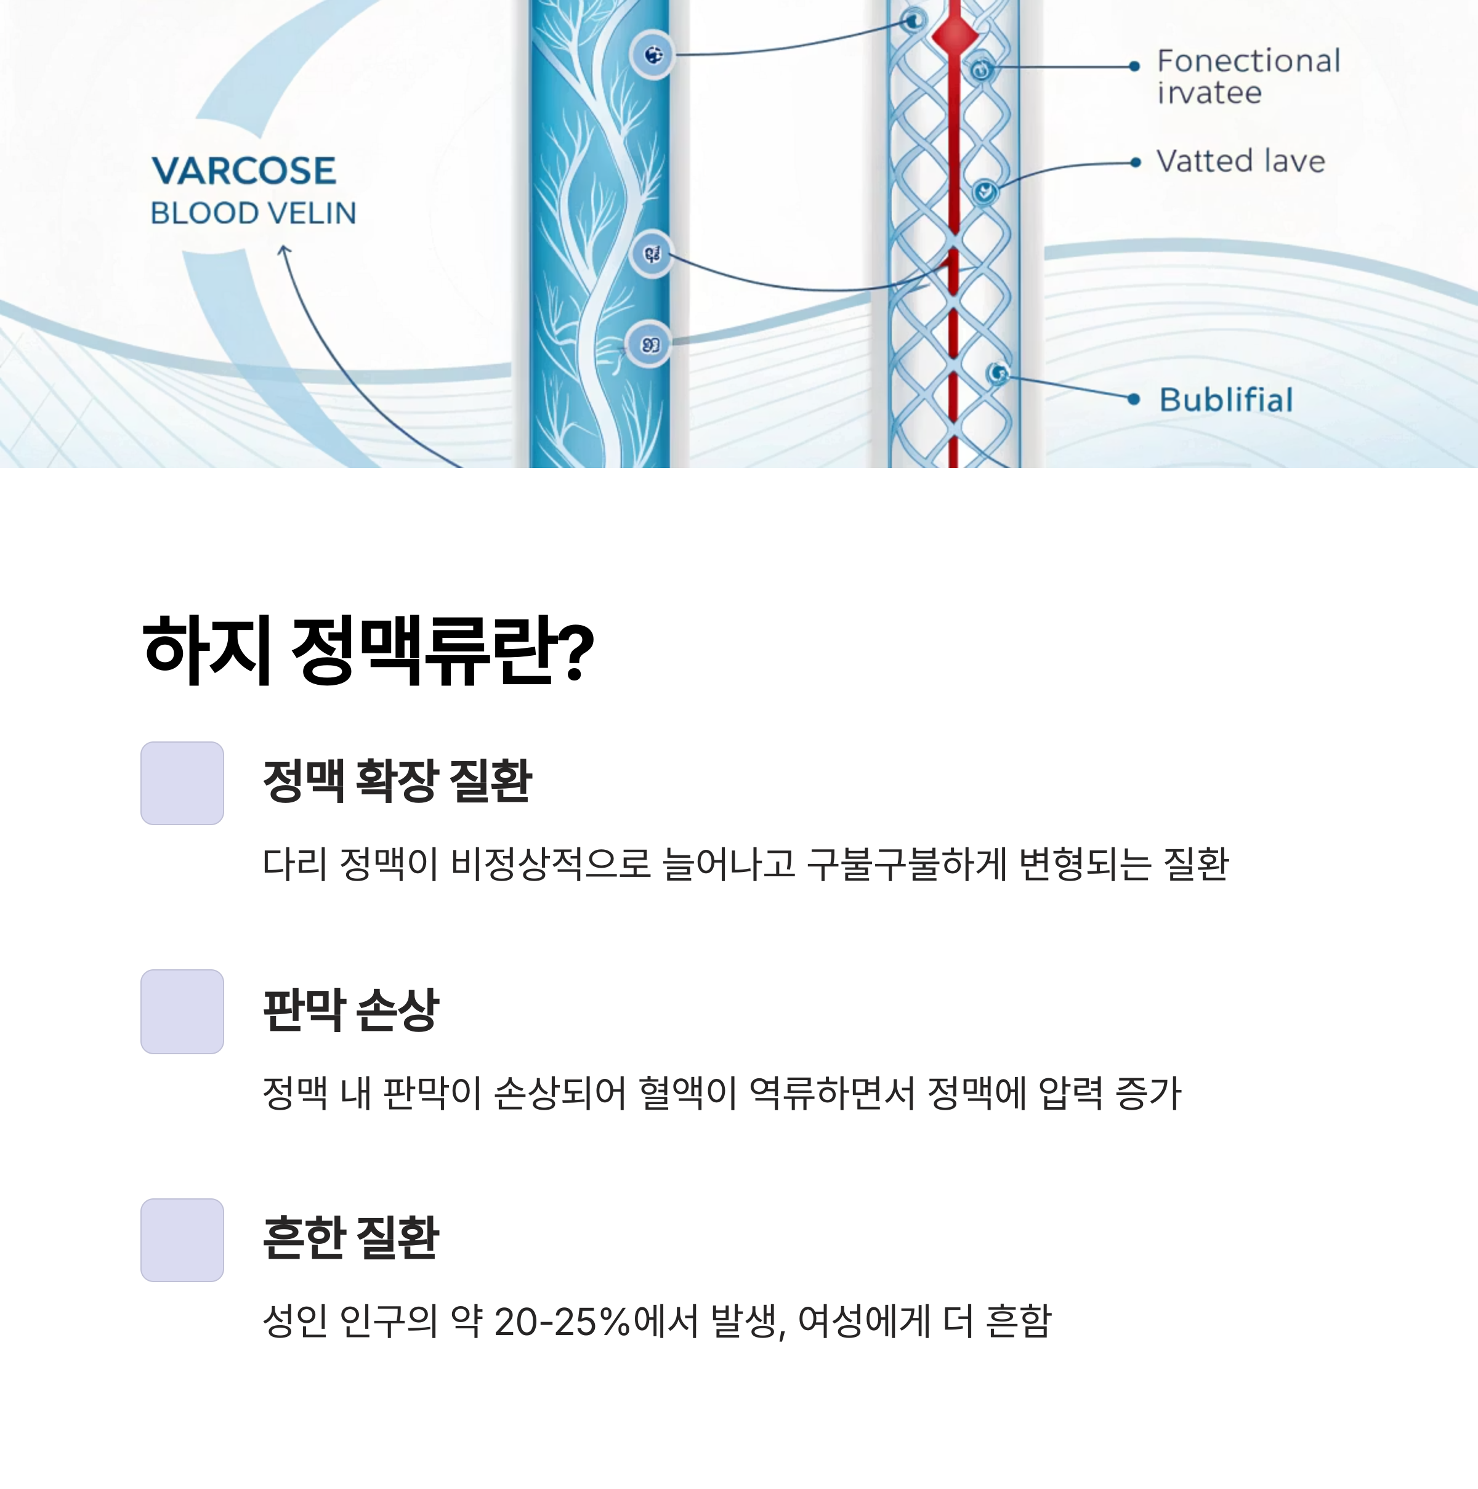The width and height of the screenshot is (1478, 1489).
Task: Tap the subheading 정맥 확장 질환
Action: click(397, 780)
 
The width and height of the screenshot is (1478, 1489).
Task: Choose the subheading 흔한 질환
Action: click(350, 1238)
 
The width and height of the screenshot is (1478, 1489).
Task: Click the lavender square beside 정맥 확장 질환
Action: click(182, 783)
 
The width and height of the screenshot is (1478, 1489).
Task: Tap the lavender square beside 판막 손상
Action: click(182, 1011)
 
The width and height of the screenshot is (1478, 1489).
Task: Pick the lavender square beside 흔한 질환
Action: click(182, 1240)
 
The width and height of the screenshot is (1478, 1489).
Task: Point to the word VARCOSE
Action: click(243, 171)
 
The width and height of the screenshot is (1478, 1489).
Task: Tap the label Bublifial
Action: click(1226, 400)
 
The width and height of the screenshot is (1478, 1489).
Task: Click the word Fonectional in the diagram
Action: click(1248, 61)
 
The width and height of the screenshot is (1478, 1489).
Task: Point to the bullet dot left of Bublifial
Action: click(1133, 399)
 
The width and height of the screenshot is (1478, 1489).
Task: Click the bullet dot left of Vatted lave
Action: click(1134, 163)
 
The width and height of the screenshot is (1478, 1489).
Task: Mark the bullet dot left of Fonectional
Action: click(1134, 67)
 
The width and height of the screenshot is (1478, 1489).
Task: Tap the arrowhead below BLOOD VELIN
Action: click(283, 250)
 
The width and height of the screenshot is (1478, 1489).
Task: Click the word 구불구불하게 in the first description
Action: click(907, 864)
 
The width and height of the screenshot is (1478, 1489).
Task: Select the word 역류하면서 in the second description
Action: click(831, 1093)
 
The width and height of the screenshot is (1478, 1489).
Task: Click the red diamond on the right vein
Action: click(955, 34)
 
